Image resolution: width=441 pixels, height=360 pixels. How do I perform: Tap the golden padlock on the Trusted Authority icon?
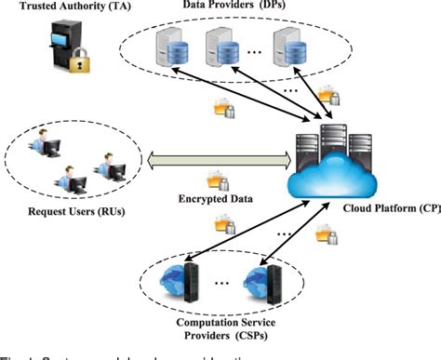tap(81, 66)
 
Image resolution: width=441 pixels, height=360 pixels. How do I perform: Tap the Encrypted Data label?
tap(214, 198)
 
